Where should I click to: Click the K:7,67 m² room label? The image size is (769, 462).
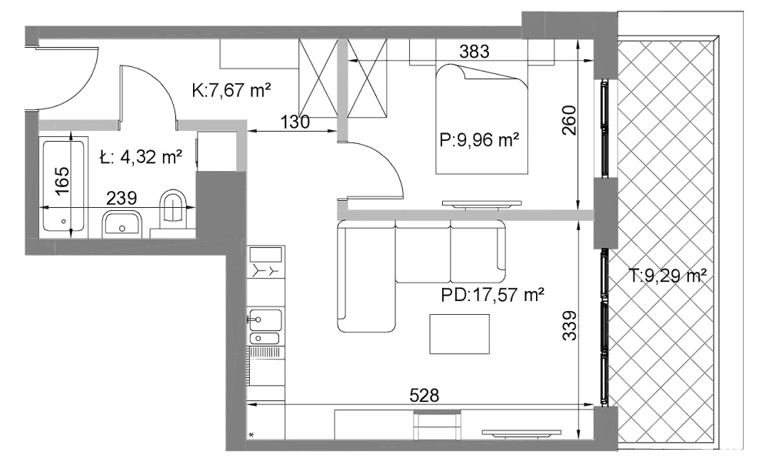[232, 90]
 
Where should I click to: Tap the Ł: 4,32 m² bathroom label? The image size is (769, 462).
[141, 157]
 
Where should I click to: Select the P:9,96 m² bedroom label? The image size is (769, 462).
[479, 140]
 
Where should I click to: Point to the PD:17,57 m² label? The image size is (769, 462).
[492, 295]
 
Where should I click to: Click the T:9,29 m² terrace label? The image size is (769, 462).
[667, 276]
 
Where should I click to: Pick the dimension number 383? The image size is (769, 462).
[474, 51]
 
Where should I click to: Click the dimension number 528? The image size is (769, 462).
[424, 395]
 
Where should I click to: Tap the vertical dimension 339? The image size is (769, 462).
[569, 325]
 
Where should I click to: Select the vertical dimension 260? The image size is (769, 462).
[569, 121]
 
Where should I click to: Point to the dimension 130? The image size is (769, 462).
[295, 121]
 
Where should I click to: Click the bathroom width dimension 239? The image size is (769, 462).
[122, 198]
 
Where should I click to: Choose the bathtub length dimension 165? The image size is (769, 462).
[62, 180]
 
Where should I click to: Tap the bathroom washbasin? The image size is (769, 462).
[122, 224]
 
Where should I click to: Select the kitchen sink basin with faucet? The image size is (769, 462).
[265, 320]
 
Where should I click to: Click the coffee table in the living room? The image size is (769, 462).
[460, 334]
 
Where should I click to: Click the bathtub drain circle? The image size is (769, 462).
[63, 222]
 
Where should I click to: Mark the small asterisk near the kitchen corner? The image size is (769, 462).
[251, 435]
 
